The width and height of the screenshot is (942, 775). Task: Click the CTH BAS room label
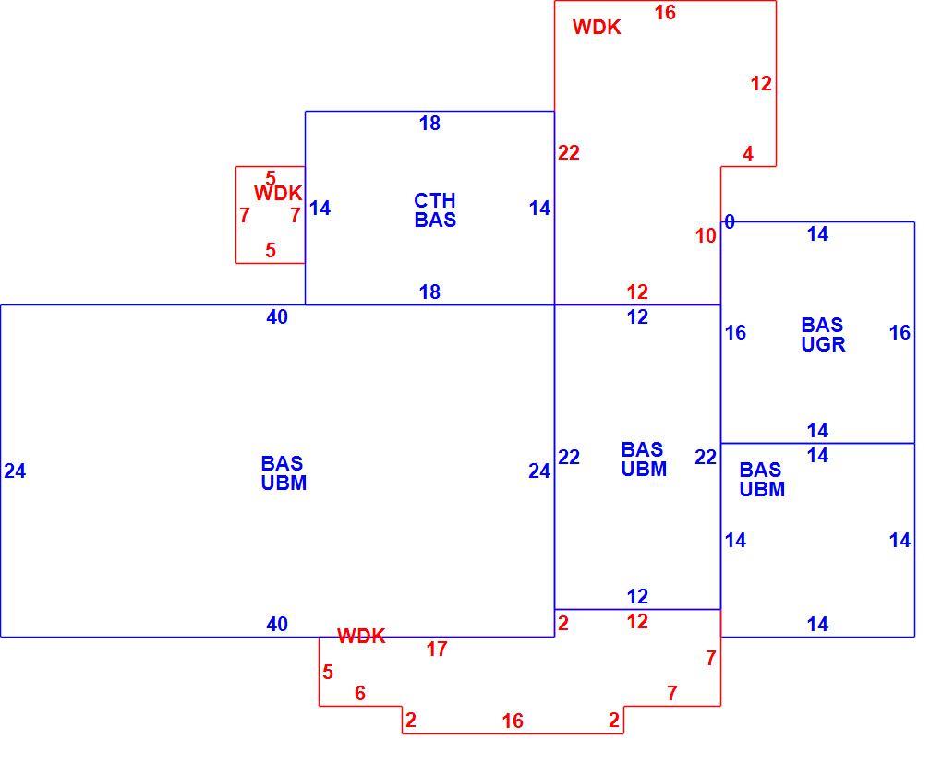435,210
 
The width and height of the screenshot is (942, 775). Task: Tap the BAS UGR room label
823,334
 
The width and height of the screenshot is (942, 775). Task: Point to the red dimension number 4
747,154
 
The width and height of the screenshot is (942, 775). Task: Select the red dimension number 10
706,236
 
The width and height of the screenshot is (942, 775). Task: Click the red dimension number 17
437,649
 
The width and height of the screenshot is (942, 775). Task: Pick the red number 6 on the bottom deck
360,694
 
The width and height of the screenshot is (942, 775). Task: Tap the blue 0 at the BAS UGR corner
730,222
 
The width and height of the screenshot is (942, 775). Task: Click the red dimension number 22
568,153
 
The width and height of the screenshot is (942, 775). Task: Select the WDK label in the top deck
597,27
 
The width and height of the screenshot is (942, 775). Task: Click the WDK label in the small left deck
278,194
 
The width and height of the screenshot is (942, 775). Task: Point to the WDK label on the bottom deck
361,636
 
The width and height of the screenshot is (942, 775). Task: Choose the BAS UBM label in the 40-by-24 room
284,473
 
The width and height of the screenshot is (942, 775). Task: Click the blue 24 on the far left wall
15,471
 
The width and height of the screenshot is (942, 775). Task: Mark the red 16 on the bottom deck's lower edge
513,721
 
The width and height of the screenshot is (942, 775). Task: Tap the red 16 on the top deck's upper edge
665,13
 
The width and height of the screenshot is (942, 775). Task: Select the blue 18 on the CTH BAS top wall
429,124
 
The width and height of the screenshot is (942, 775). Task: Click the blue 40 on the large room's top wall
277,317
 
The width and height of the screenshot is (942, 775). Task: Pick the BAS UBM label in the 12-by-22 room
644,459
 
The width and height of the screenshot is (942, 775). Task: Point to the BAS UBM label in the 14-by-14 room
762,479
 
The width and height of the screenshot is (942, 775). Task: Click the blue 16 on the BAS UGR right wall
900,332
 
